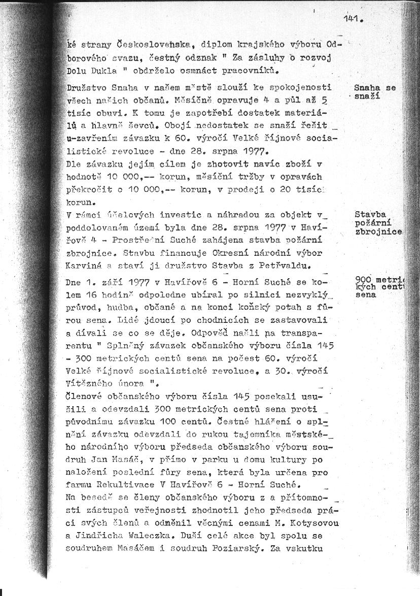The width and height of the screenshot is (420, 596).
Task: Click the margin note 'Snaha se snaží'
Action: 375,92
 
